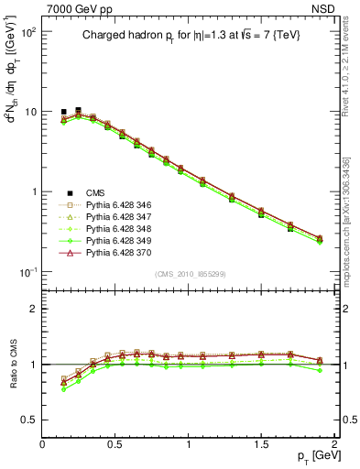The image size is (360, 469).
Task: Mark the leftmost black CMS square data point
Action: tap(63, 112)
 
